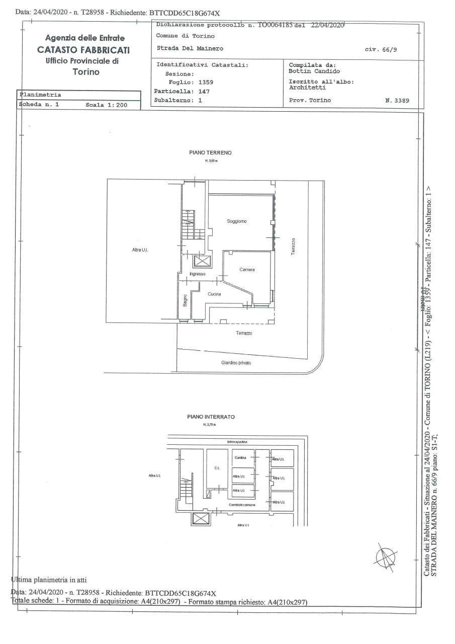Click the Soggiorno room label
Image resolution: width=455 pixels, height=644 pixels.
(x=237, y=221)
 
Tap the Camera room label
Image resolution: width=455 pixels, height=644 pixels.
(x=247, y=270)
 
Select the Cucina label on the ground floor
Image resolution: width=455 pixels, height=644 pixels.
(x=215, y=294)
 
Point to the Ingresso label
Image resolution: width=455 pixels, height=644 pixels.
(x=198, y=274)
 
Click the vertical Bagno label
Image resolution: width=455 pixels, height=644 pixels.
(x=185, y=300)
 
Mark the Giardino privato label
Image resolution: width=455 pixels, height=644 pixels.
(x=236, y=363)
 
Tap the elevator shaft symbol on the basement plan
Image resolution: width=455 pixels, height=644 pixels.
(x=201, y=519)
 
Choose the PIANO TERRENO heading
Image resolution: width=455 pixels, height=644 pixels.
(x=210, y=152)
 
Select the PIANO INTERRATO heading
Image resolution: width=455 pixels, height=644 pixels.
(x=211, y=417)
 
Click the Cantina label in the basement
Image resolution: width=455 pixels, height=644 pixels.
(x=239, y=457)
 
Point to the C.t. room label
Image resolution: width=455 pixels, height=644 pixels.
(x=217, y=468)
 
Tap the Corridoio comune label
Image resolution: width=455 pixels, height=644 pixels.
(x=242, y=505)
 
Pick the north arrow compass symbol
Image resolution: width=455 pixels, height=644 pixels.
(x=385, y=556)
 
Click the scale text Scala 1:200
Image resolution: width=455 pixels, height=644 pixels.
(x=106, y=105)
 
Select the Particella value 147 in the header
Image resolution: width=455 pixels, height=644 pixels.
(x=204, y=92)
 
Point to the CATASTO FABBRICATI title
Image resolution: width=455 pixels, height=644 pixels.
(x=83, y=50)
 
